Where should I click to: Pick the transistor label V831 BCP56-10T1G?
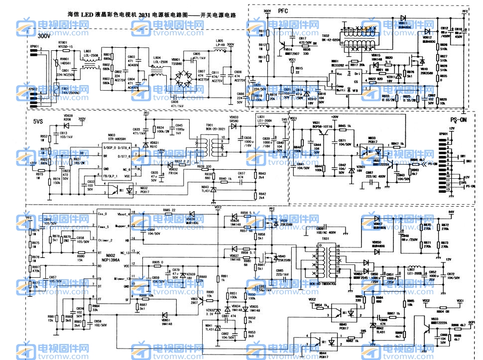coord(322,125)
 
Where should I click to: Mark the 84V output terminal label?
coord(452,212)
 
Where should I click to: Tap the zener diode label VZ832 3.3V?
coord(211,312)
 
